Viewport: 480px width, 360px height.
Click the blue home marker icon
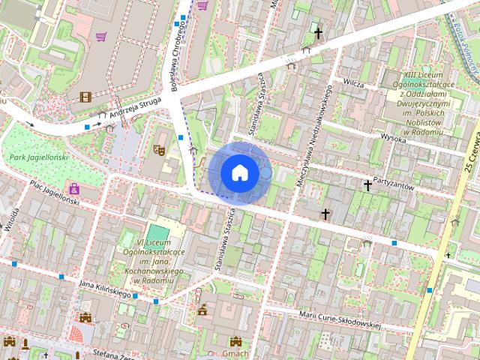pos(239,172)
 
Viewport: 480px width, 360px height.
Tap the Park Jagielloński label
pos(39,157)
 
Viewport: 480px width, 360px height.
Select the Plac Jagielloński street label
pos(55,193)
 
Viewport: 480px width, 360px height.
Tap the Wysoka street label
pos(393,139)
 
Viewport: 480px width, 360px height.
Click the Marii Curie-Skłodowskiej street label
pos(340,320)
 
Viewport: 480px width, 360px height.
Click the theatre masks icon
pos(159,150)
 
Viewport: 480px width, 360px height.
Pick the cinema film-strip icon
pos(85,97)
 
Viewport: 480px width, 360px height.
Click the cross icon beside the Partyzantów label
pos(368,185)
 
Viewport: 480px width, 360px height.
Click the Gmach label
pos(235,353)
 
